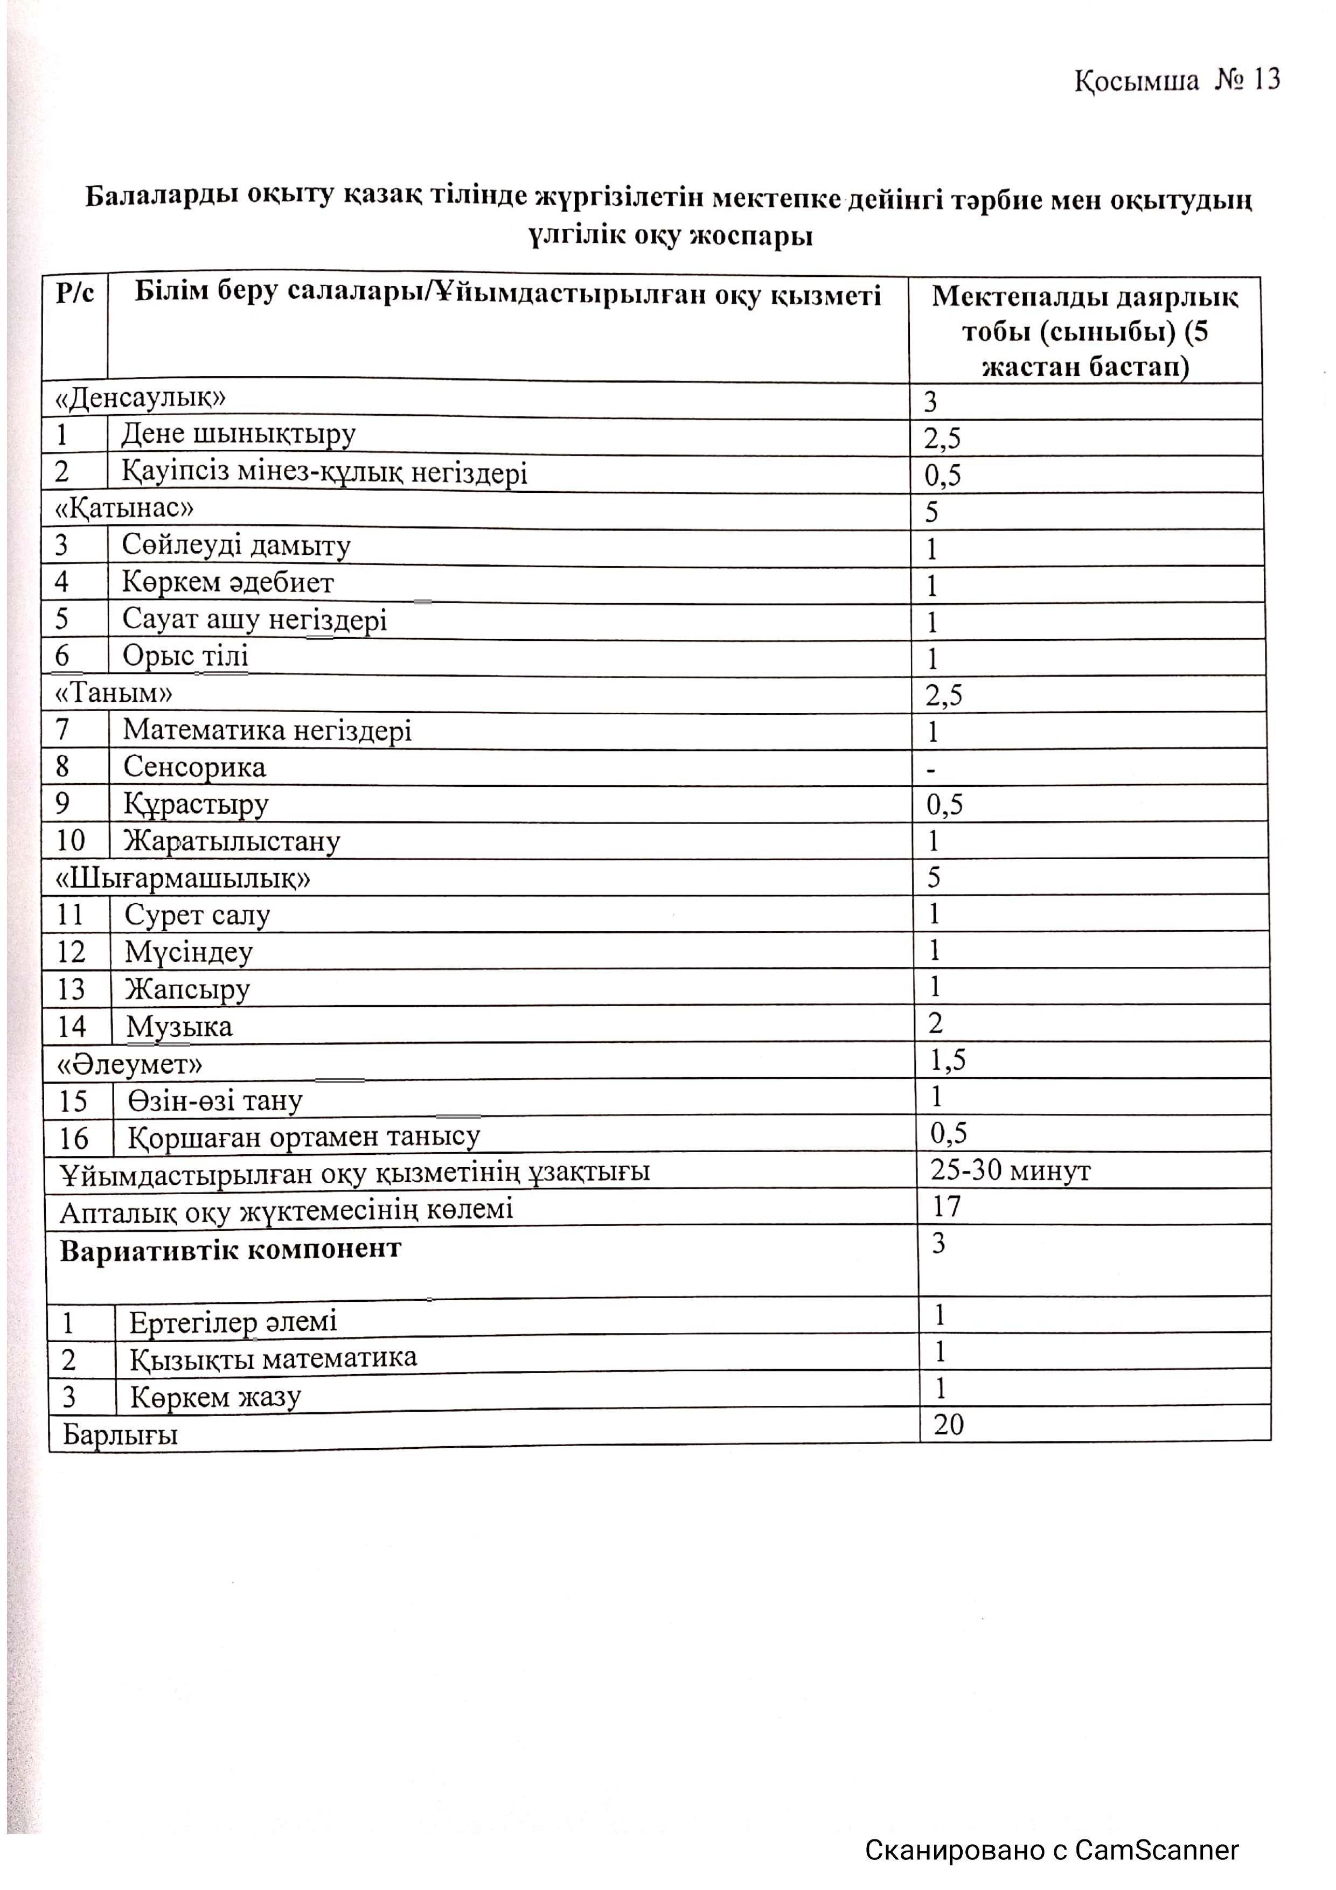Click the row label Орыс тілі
pyautogui.click(x=185, y=656)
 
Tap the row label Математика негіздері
pyautogui.click(x=268, y=730)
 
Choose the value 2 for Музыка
pyautogui.click(x=935, y=1023)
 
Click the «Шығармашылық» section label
pyautogui.click(x=183, y=878)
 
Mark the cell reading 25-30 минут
pyautogui.click(x=1010, y=1170)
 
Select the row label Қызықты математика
pyautogui.click(x=273, y=1358)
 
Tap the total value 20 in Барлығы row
pyautogui.click(x=948, y=1424)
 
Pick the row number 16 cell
pyautogui.click(x=73, y=1139)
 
